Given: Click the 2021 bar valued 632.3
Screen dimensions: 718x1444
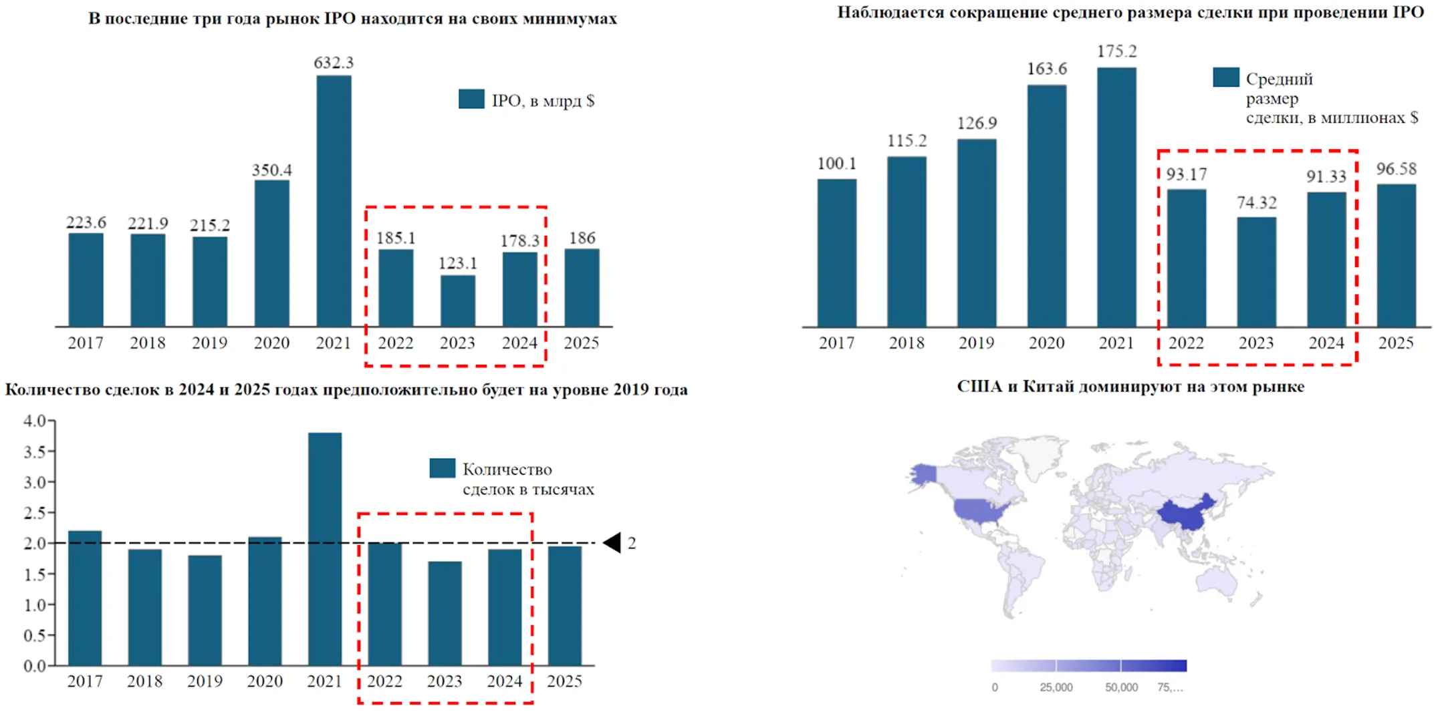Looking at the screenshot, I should coord(334,200).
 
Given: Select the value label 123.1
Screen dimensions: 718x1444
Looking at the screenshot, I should coord(457,263).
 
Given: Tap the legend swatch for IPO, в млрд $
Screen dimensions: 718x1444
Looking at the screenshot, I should coord(471,99).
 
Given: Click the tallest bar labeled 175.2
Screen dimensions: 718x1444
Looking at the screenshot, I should coord(1116,197).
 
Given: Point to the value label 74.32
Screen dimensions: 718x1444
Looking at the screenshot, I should coord(1256,202).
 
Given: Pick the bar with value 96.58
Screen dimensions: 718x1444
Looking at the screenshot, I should coord(1396,255).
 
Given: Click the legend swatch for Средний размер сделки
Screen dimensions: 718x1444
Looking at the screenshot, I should coord(1225,77).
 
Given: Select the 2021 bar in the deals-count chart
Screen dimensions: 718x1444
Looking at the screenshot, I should coord(325,548).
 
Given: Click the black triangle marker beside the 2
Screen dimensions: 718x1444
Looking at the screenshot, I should coord(613,543).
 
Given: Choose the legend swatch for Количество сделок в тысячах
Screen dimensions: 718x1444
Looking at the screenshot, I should coord(442,468).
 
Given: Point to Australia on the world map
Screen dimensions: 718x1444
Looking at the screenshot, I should coord(1216,582).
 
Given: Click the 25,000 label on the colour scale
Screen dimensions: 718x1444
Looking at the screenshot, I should coord(1056,687).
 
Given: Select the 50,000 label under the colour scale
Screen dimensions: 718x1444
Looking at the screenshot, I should coord(1121,687).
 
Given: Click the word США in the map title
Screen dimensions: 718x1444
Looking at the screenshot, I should coord(980,387).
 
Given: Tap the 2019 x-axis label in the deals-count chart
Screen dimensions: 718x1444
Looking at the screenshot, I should coord(205,681).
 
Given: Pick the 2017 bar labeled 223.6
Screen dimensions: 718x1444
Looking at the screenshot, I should coord(86,280).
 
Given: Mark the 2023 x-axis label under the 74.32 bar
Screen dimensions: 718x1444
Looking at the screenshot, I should coord(1256,343).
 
